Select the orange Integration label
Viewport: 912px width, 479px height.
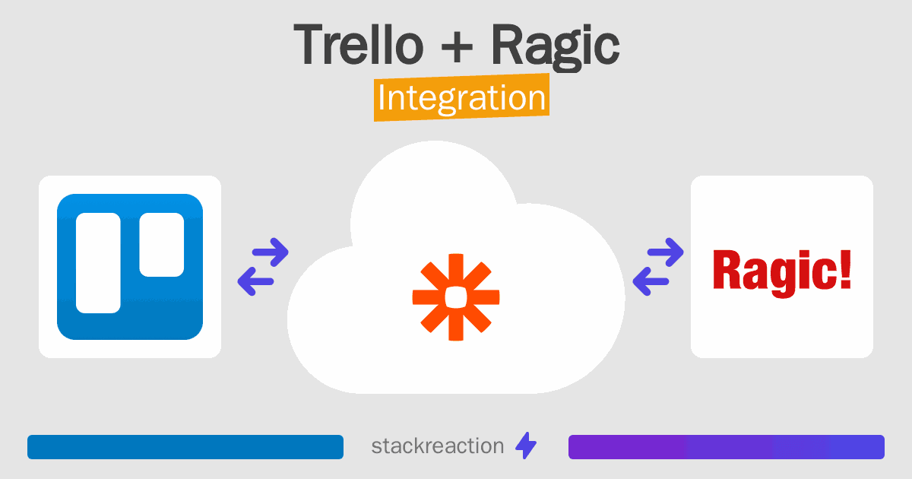click(x=461, y=99)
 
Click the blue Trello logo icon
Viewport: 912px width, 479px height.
click(x=130, y=267)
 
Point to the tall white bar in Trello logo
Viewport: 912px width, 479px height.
click(x=98, y=262)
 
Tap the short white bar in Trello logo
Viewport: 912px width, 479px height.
click(x=161, y=244)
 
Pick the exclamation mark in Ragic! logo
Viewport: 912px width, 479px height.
click(x=844, y=270)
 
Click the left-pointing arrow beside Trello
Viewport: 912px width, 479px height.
click(x=255, y=281)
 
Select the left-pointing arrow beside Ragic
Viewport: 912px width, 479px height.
click(x=651, y=281)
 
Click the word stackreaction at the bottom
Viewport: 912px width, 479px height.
click(x=437, y=446)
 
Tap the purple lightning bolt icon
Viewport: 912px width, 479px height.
click(x=525, y=446)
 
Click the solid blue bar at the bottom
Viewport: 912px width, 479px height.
click(x=185, y=447)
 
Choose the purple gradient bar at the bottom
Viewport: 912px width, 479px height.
click(x=726, y=447)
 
